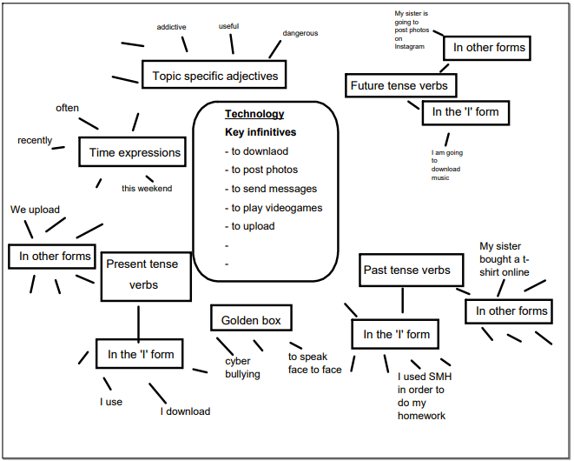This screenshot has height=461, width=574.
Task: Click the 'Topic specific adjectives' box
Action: click(214, 76)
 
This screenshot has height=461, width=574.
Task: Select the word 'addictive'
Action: click(171, 27)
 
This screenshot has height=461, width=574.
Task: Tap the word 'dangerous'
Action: click(300, 33)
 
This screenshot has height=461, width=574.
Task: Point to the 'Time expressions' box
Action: click(135, 152)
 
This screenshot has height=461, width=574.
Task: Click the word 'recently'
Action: click(35, 140)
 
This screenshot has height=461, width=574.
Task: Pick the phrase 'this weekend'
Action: click(147, 188)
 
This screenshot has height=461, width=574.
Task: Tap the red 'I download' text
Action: click(185, 411)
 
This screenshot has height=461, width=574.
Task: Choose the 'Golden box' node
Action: click(251, 320)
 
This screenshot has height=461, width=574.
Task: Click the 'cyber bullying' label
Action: click(242, 367)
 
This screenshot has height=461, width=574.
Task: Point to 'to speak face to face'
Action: click(314, 363)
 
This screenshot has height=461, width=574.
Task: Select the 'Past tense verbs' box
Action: click(406, 270)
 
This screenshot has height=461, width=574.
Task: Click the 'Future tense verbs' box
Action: click(399, 85)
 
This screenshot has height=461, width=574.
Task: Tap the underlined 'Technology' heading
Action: click(254, 114)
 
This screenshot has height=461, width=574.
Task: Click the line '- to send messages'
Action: click(270, 189)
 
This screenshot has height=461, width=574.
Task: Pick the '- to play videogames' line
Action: click(273, 207)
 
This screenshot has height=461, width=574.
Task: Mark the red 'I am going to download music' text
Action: click(447, 165)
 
